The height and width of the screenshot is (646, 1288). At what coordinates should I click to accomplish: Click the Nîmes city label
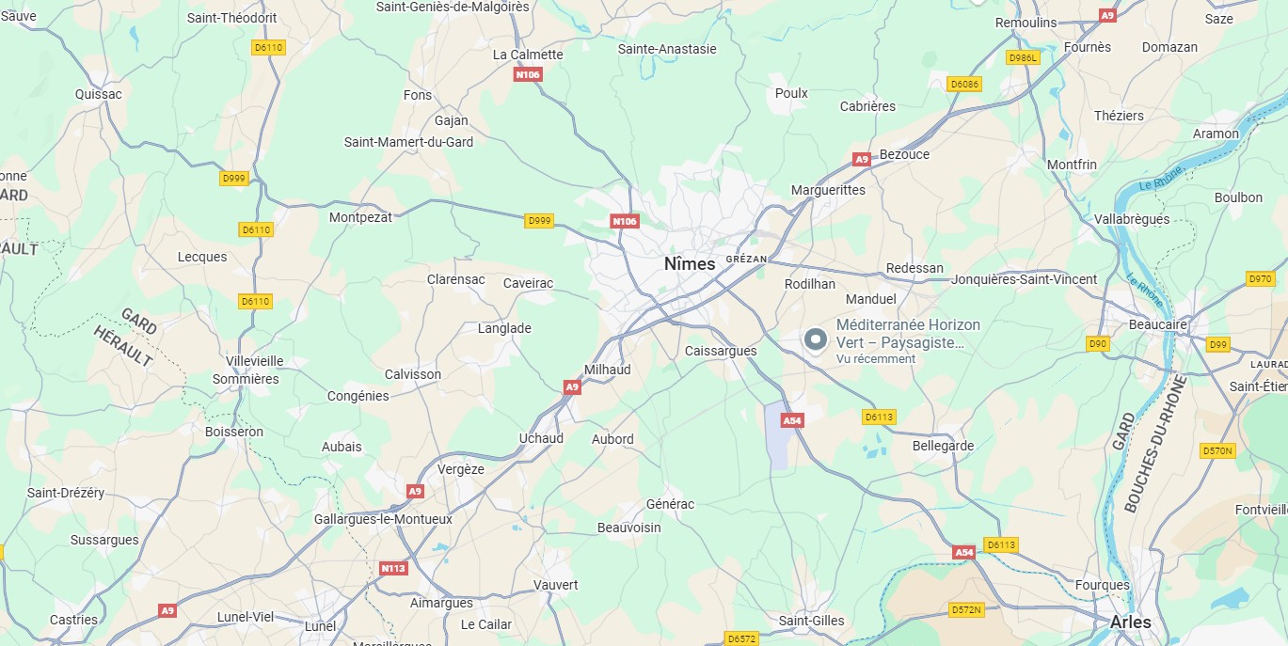pos(690,264)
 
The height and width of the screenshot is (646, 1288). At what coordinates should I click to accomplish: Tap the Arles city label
pos(1130,622)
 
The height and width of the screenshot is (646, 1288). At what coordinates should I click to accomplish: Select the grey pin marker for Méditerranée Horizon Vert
pos(815,339)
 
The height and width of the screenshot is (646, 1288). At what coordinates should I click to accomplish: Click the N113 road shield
pos(393,568)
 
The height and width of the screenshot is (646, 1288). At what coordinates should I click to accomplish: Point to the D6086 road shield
pos(964,84)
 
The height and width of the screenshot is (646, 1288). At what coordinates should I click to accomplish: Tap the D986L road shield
pos(1022,57)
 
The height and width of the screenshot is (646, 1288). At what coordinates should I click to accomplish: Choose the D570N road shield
pos(1216,451)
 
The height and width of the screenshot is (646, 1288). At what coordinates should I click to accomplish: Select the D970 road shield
pos(1259,278)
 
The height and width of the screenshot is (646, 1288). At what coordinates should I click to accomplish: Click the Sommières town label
pos(246,379)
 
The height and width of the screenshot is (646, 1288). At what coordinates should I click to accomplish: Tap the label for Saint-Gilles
pos(811,621)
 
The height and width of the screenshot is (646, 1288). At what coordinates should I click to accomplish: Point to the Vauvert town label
pos(555,585)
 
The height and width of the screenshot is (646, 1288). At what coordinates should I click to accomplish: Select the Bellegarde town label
pos(943,446)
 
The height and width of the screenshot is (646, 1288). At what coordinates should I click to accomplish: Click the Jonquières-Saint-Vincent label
pos(1024,279)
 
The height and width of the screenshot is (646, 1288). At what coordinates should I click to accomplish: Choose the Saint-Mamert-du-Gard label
pos(408,142)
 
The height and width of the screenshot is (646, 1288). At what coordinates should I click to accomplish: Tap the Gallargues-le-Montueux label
pos(383,519)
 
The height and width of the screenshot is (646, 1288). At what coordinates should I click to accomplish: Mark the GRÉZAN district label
pos(747,259)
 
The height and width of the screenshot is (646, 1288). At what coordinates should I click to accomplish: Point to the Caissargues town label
pos(721,351)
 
